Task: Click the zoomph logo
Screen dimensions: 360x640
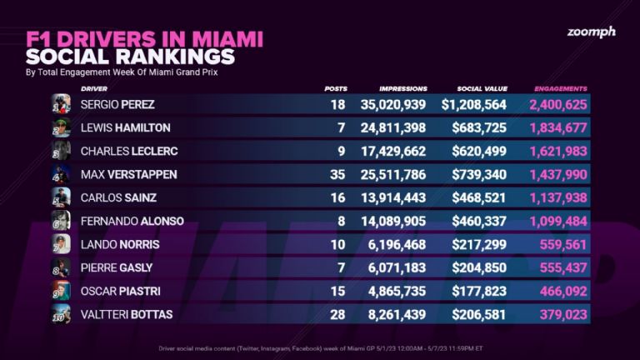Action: tap(592, 32)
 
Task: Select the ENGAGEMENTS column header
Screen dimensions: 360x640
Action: tap(561, 88)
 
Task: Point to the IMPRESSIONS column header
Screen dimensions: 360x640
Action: tap(403, 88)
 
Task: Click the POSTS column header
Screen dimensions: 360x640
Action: tap(336, 88)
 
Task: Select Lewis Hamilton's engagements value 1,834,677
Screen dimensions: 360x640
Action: tap(558, 127)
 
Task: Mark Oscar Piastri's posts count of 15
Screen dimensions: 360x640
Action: tap(337, 291)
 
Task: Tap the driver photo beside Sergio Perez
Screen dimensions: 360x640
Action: tap(61, 105)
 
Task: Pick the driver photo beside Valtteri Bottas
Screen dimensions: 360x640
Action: tap(61, 314)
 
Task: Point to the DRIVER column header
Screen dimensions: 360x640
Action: tap(93, 88)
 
